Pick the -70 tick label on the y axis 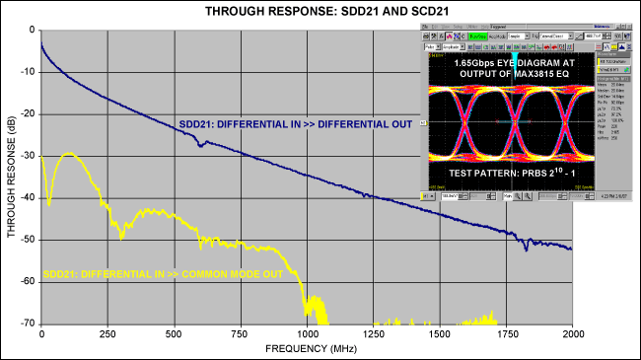(28, 324)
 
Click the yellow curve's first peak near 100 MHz (68, 153)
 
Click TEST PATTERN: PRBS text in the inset (514, 173)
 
